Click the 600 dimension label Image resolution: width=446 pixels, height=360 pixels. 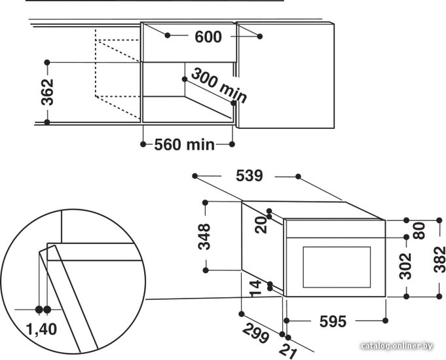208,37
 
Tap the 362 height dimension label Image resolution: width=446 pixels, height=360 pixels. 47,92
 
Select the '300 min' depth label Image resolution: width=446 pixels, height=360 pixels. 219,86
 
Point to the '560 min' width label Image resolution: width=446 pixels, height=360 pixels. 184,145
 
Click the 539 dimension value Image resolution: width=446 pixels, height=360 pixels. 249,175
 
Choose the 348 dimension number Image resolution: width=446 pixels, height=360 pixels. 204,236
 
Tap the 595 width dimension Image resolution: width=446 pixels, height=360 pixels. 333,321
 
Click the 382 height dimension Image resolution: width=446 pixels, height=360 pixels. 439,259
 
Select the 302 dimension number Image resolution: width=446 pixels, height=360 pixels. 405,266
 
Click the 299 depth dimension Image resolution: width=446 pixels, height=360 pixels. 255,333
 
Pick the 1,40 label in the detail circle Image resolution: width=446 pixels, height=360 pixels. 41,329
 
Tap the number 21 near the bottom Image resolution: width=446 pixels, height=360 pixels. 288,351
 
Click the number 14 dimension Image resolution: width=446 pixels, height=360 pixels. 255,289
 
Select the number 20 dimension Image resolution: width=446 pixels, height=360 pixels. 261,225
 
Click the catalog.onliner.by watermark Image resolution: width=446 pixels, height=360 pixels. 397,346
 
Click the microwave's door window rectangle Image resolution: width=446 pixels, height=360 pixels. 337,267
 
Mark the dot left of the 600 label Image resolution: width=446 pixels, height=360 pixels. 168,35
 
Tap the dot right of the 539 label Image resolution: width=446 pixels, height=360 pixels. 298,177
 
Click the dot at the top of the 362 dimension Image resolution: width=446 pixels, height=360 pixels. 47,62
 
